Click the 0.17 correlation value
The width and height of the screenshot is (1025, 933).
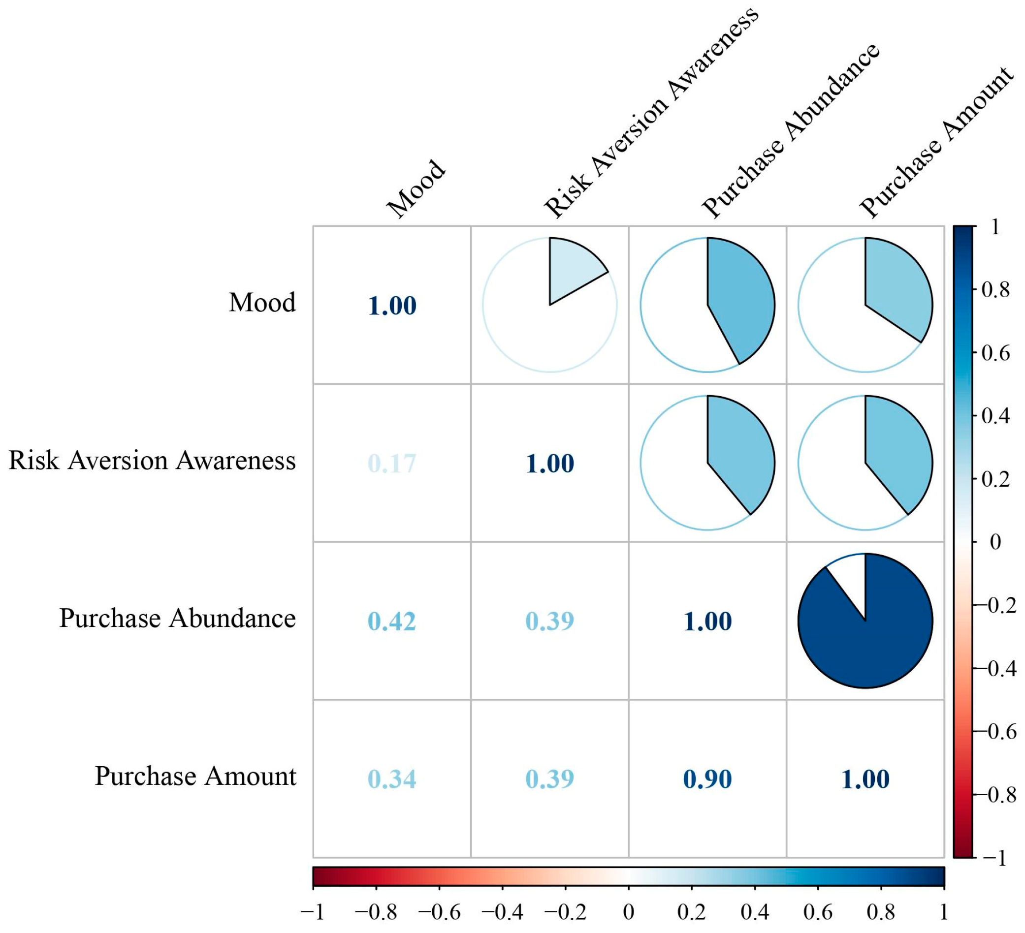[x=392, y=464]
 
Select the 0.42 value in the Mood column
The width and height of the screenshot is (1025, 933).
[x=392, y=621]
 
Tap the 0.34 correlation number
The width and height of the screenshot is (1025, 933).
[x=392, y=779]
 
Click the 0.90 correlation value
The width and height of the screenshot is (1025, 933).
[x=707, y=779]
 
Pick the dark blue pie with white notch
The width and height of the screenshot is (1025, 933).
[x=865, y=621]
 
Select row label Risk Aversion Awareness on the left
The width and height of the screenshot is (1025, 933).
[x=152, y=461]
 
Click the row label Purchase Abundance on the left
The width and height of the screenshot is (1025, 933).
[x=177, y=619]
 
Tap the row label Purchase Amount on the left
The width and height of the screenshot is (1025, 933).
[x=195, y=776]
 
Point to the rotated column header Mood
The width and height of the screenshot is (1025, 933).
[x=416, y=189]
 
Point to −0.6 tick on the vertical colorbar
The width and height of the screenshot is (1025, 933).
[x=999, y=731]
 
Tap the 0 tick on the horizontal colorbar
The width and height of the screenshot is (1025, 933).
[x=628, y=912]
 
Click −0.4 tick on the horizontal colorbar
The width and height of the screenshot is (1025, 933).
[x=502, y=912]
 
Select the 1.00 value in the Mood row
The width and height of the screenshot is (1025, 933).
[x=392, y=306]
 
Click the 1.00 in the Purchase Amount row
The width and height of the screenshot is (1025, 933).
[x=865, y=779]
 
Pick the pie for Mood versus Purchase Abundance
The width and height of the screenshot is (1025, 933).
[x=707, y=305]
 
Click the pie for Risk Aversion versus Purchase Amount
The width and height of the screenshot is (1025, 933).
[x=865, y=463]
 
